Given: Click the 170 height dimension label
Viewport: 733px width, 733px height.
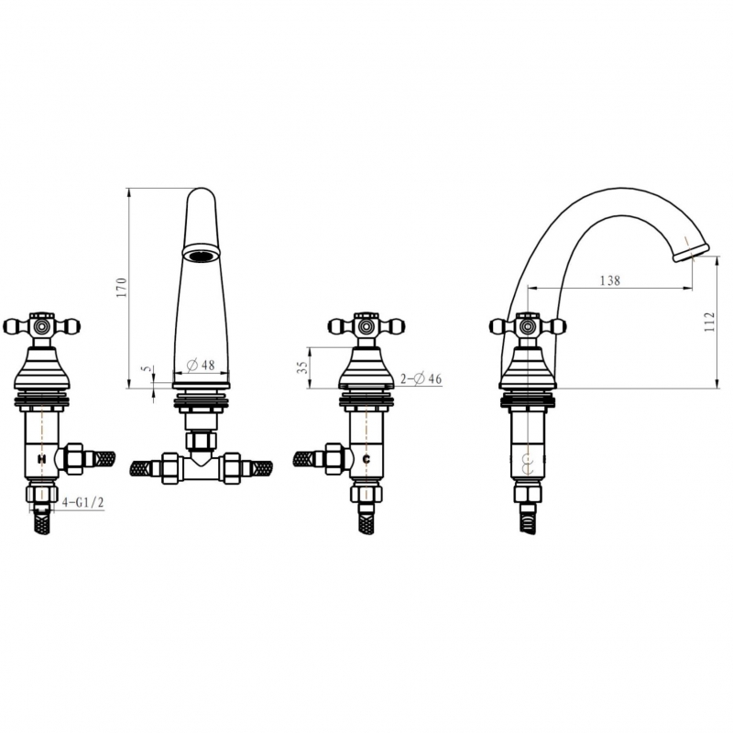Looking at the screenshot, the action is coord(122,288).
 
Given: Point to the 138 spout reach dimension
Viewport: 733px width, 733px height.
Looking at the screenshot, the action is coord(610,280).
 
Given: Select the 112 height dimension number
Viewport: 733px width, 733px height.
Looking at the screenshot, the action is coord(709,322).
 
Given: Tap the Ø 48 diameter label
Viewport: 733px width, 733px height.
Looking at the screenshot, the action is coord(201,365).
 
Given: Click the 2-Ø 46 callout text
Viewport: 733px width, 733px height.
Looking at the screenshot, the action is coord(421,378).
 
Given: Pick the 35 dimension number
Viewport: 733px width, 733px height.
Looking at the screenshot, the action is coord(303,367).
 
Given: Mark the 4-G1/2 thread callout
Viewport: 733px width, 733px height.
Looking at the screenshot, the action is coord(82,502).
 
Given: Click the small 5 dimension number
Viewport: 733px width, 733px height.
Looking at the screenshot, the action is coord(148,369).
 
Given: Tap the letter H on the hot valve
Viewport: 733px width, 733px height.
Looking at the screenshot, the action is coord(41,460).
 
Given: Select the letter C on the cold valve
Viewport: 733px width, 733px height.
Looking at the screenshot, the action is coord(366,460).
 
